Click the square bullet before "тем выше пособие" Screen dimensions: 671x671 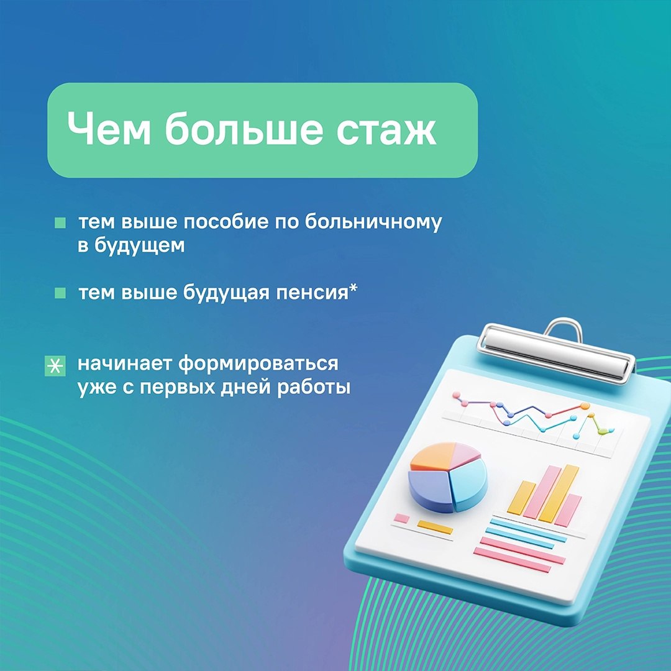click(x=60, y=222)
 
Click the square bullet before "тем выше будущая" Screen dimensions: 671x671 click(x=60, y=293)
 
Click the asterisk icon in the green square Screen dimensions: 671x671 click(x=55, y=366)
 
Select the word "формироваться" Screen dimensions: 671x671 click(x=258, y=364)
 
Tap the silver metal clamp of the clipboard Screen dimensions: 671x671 click(x=556, y=352)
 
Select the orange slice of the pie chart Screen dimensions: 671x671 click(x=432, y=456)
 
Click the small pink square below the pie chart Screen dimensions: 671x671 click(x=401, y=519)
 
